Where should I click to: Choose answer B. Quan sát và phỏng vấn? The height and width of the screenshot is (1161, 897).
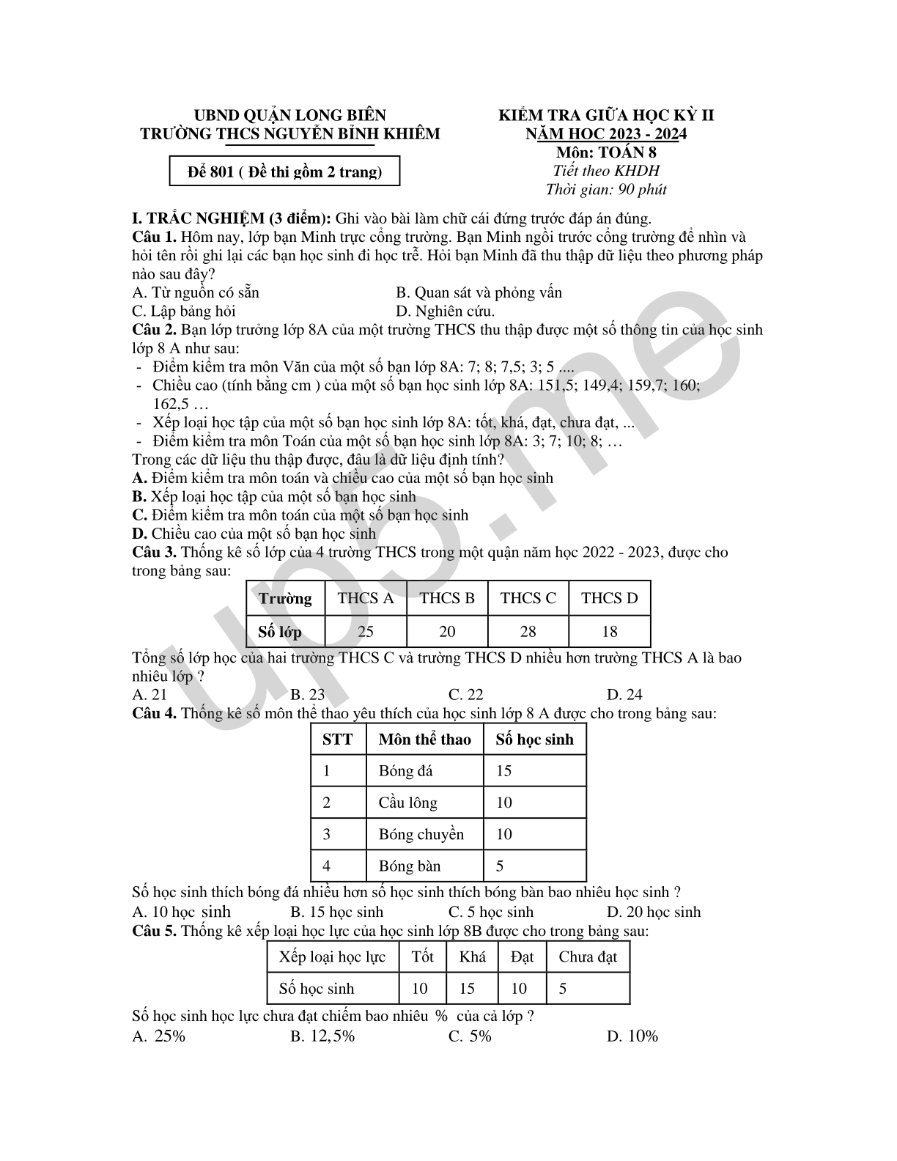tap(479, 292)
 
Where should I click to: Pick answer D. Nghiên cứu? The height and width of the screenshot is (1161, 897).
tap(445, 311)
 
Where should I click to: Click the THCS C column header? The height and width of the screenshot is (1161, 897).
tap(528, 598)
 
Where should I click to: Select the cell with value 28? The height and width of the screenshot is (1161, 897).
tap(528, 631)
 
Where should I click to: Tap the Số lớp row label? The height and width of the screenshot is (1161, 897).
tap(280, 631)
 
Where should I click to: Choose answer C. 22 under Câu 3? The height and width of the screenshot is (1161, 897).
tap(465, 694)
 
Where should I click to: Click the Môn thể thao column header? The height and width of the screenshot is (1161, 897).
tap(424, 739)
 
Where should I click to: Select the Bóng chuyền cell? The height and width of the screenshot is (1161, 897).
tap(421, 834)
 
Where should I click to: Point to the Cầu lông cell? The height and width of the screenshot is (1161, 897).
tap(407, 803)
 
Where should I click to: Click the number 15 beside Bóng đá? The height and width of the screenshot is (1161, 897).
tap(503, 771)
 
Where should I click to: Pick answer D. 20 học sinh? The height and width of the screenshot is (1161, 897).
tap(654, 912)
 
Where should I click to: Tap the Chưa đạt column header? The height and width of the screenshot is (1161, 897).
tap(587, 957)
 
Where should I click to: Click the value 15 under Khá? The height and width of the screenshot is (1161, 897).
tap(467, 988)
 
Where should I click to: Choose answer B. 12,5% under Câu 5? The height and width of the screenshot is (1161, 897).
tap(322, 1036)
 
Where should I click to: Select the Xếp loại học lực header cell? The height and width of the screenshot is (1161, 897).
tap(332, 957)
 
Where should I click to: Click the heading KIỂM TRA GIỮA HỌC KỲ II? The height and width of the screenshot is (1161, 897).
tap(606, 115)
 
